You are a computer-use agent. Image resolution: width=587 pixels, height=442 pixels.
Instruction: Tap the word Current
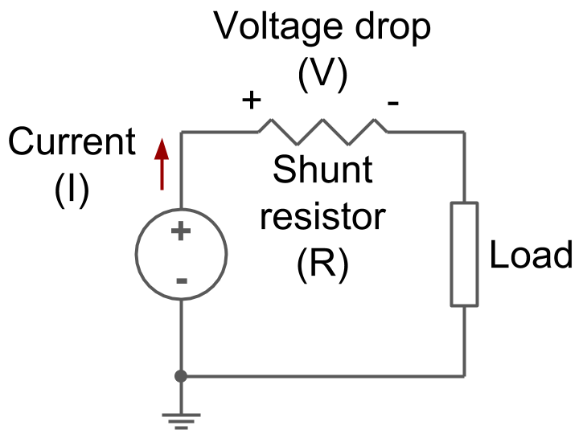click(72, 143)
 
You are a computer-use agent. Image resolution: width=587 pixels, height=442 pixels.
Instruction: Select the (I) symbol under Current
click(72, 191)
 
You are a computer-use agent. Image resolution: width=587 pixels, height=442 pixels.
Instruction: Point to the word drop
click(392, 27)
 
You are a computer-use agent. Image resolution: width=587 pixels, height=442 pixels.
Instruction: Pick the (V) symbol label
click(322, 75)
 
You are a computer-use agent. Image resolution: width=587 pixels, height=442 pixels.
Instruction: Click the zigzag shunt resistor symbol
click(322, 131)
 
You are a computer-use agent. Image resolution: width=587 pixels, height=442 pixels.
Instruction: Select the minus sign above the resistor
click(393, 103)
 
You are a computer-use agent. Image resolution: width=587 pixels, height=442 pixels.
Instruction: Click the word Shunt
click(322, 170)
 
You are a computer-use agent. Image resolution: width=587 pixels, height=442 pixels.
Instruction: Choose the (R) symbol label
click(322, 266)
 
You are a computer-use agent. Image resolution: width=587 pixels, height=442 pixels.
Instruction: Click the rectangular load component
click(464, 254)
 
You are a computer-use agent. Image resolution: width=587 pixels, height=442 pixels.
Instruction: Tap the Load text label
click(532, 256)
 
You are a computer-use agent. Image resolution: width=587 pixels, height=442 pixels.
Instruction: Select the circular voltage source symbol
click(181, 255)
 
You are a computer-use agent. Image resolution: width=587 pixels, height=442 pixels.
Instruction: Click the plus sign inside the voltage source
click(182, 232)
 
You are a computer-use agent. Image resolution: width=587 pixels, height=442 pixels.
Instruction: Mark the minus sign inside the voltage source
click(182, 280)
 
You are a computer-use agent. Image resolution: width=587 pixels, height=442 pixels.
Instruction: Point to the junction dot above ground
click(181, 375)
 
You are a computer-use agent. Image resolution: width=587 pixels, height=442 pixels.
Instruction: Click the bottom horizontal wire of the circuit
click(322, 375)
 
